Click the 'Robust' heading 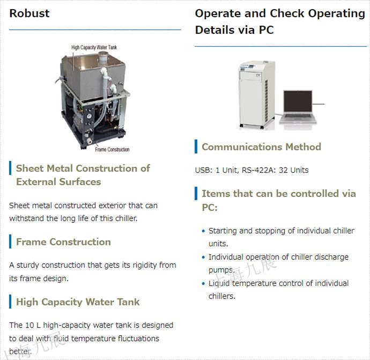coord(29,13)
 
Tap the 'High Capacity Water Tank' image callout coord(94,47)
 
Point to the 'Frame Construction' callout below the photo coord(112,150)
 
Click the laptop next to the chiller coord(298,107)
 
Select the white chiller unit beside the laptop coord(257,94)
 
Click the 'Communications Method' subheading coord(261,147)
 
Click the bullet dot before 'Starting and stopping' coord(203,231)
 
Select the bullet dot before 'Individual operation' coord(203,258)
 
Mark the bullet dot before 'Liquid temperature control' coord(203,283)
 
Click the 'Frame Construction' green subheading coord(63,242)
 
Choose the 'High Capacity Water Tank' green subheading coord(78,302)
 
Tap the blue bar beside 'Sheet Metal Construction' coord(10,168)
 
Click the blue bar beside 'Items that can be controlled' coord(196,193)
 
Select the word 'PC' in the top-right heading coord(266,30)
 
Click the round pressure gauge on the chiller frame coord(89,116)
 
